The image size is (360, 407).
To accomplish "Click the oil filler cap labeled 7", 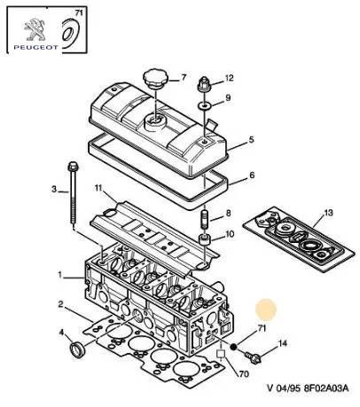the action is click(x=155, y=78).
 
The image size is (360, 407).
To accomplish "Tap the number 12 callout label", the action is click(x=229, y=78).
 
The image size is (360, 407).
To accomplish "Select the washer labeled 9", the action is click(x=205, y=106).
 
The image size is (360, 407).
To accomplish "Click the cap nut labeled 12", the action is click(x=204, y=84).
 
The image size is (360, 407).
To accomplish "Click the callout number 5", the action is click(x=251, y=139).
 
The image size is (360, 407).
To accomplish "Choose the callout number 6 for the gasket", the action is click(x=252, y=175).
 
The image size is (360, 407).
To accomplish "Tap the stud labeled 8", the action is click(x=205, y=219).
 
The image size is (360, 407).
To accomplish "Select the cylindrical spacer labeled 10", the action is click(x=205, y=239).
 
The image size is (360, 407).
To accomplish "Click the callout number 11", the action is click(x=98, y=188).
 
